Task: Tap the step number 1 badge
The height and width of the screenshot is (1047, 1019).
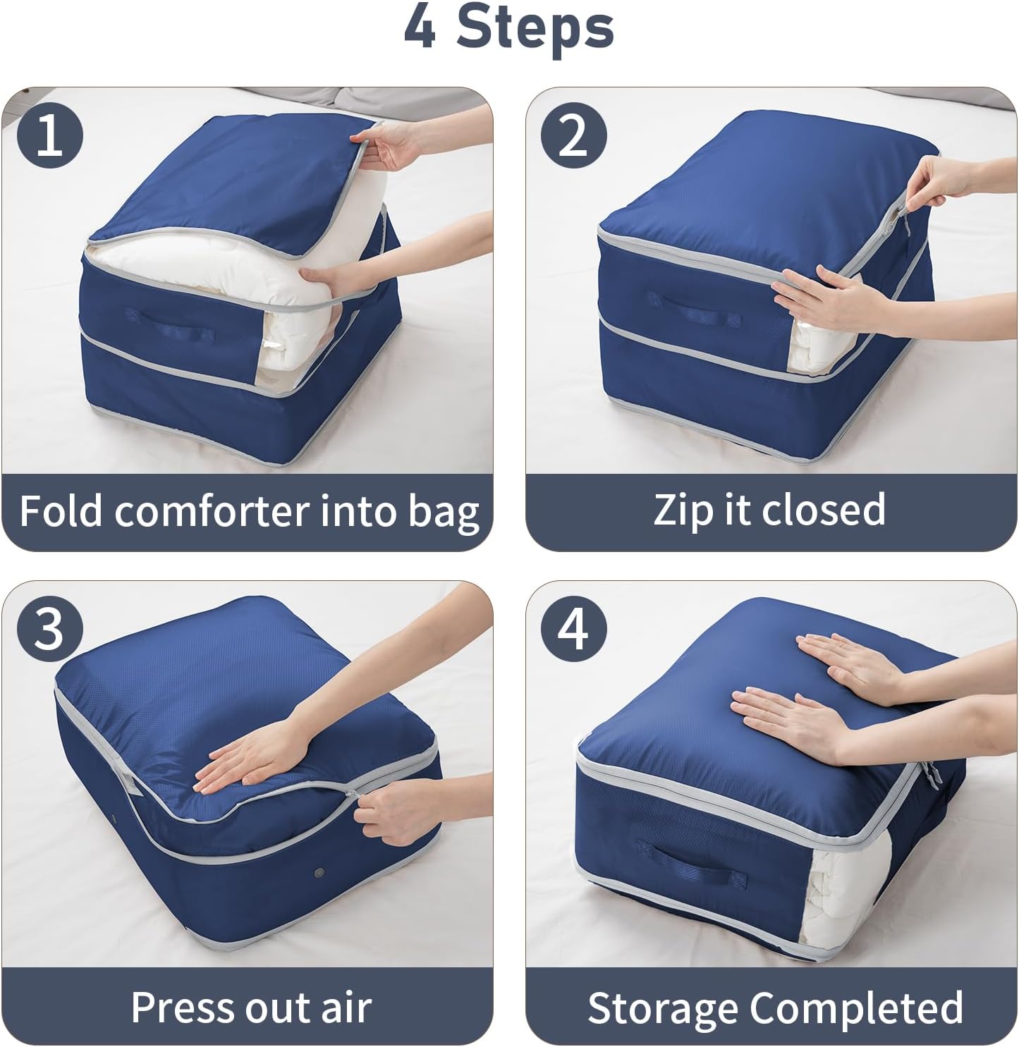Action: [49, 135]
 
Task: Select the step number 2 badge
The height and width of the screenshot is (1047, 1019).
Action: [573, 135]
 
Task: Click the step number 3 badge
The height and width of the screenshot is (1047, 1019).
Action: [49, 629]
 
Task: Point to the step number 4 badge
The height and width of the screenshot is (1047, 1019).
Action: [573, 629]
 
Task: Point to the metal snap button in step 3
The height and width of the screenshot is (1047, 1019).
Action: [321, 874]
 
